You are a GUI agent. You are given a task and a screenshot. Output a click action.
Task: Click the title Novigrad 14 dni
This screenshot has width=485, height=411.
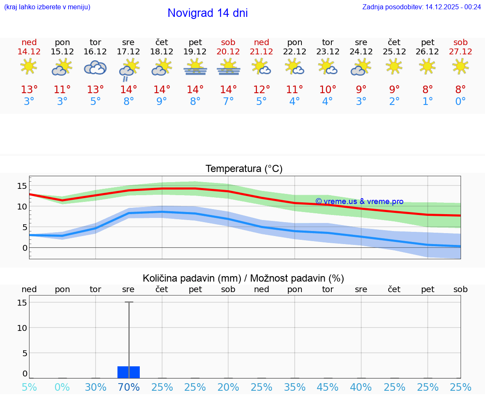(x=208, y=13)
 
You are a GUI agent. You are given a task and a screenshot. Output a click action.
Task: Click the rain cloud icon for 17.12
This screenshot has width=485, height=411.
(x=128, y=70)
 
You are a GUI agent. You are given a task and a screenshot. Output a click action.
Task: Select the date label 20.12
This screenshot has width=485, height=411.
(x=228, y=51)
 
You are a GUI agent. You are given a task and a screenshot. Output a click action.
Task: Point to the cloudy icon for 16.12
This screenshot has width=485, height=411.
(x=95, y=67)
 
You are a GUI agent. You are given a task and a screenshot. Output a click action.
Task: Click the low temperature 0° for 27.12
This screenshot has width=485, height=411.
(x=461, y=102)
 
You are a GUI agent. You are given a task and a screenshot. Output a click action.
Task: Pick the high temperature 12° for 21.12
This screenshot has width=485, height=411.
(x=261, y=90)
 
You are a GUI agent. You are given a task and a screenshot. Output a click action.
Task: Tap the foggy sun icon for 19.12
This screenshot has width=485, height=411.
(x=195, y=67)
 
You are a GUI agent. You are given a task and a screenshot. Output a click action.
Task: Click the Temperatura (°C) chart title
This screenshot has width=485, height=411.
(x=244, y=169)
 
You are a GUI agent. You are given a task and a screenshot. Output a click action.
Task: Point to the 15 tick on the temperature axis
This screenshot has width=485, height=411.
(x=22, y=186)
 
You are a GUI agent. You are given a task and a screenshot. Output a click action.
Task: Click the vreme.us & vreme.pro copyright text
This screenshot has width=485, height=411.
(x=359, y=201)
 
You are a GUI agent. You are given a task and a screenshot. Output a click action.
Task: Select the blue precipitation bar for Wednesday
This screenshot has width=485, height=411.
(x=128, y=372)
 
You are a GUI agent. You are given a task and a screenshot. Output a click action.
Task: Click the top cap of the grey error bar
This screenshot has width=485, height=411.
(x=129, y=302)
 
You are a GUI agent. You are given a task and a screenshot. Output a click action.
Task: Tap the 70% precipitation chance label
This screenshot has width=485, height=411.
(x=129, y=387)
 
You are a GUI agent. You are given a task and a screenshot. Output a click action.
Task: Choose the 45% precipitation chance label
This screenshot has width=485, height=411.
(x=328, y=387)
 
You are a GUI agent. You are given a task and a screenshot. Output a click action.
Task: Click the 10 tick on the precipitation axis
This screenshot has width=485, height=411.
(x=22, y=328)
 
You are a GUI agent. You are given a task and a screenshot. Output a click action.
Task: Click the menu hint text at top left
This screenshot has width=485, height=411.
(x=47, y=7)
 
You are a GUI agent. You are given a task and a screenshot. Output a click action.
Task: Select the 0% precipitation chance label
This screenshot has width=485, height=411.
(x=62, y=387)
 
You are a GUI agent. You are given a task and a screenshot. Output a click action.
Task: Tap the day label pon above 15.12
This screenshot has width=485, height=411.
(x=62, y=42)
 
